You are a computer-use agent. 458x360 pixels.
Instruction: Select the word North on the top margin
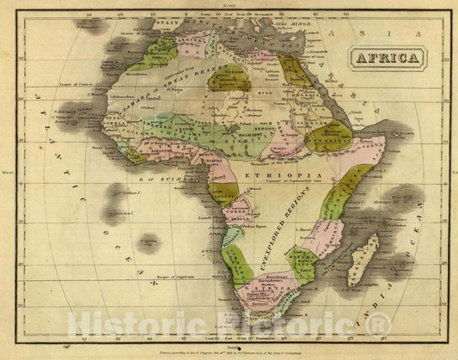pos(228,5)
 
